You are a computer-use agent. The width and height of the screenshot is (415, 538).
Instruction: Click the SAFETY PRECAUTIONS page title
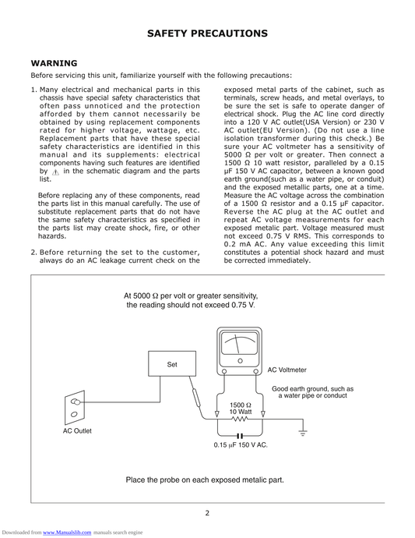[x=207, y=34]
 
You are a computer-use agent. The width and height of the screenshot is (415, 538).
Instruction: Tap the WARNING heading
[x=55, y=63]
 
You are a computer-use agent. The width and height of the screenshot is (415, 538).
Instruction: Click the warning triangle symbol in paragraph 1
[x=56, y=172]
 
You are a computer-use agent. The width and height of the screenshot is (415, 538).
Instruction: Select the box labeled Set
[x=172, y=363]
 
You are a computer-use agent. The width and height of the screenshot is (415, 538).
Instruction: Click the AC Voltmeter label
[x=287, y=370]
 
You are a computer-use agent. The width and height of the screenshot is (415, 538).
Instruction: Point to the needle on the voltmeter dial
[x=237, y=344]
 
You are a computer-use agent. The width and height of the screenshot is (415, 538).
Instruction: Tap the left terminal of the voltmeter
[x=224, y=371]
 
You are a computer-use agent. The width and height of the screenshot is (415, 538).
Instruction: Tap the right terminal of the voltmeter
[x=255, y=371]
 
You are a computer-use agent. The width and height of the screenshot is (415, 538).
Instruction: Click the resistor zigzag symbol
[x=240, y=419]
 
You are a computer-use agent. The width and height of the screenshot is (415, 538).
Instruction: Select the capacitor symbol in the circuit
[x=240, y=436]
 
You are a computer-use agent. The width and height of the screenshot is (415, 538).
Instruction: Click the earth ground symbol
[x=303, y=432]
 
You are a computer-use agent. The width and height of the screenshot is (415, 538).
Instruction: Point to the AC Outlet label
[x=77, y=431]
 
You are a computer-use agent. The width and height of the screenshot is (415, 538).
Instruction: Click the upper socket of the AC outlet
[x=76, y=402]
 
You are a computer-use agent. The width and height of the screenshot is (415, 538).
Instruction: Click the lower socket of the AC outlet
[x=74, y=415]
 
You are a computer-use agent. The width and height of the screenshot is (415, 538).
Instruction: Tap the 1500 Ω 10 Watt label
[x=241, y=409]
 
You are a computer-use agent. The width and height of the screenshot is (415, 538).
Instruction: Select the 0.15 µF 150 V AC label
[x=241, y=445]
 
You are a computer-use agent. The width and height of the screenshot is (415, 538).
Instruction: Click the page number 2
[x=207, y=513]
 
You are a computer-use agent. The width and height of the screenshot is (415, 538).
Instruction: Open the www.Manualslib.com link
[x=67, y=533]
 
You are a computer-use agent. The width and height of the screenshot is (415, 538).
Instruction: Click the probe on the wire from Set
[x=196, y=397]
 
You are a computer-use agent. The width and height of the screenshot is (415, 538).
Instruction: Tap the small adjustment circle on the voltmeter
[x=240, y=361]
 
